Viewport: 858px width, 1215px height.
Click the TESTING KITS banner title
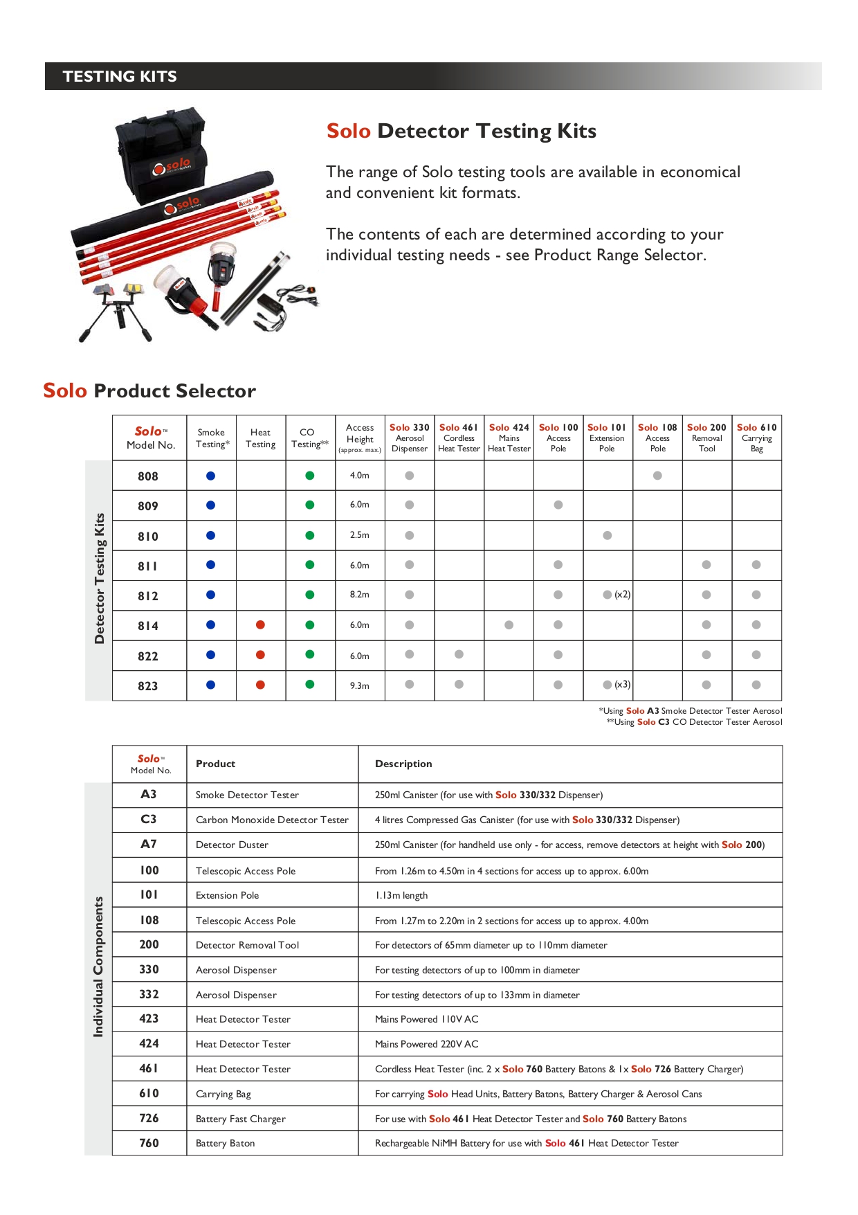coord(120,76)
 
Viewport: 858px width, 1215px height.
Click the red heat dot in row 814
coord(260,624)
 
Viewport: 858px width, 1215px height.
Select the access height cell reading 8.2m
coord(360,595)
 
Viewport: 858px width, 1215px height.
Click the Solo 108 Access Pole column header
coord(657,438)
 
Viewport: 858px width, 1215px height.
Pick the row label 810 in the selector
coord(148,537)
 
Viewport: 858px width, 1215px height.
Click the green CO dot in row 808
coord(310,476)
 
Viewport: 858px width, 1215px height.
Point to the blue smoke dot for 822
coord(211,655)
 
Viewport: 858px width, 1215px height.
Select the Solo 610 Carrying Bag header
coord(756,438)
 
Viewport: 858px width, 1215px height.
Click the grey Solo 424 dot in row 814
coord(509,624)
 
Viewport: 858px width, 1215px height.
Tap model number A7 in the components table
coord(149,844)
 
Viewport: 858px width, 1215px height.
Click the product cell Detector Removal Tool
coord(247,945)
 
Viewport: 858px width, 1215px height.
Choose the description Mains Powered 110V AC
coord(426,1019)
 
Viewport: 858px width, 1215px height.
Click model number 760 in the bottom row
coord(149,1143)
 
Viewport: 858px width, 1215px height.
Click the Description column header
coord(403,764)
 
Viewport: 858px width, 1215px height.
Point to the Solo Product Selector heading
coord(149,390)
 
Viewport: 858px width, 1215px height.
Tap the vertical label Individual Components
coord(98,966)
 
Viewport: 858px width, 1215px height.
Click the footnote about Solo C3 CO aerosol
coord(694,722)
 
